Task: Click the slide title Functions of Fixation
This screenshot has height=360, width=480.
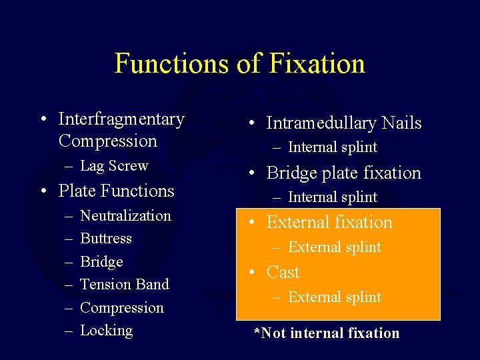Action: (240, 63)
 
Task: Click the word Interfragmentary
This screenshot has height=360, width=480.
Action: (121, 119)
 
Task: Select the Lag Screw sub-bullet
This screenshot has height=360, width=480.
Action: (113, 165)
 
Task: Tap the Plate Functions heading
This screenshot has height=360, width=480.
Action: (116, 191)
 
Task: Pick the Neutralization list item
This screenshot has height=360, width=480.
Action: (125, 215)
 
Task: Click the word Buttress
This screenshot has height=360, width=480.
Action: (106, 239)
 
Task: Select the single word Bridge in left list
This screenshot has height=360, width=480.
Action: (101, 262)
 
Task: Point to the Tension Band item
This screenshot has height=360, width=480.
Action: (124, 285)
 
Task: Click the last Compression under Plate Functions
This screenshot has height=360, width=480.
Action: (121, 308)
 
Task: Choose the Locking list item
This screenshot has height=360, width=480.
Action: (106, 331)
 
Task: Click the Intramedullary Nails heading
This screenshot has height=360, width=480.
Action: (343, 123)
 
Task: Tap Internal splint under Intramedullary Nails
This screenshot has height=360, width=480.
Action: (332, 147)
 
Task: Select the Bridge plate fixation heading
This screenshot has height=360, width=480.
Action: (343, 173)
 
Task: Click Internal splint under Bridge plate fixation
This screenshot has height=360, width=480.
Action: (332, 197)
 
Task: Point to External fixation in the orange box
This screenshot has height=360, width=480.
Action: (329, 223)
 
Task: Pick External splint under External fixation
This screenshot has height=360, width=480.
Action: (334, 247)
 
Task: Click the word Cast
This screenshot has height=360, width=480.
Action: (283, 273)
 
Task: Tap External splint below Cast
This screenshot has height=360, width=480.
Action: (334, 297)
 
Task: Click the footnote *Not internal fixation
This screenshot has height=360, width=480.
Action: (326, 333)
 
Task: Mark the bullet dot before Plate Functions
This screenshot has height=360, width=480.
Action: (43, 191)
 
